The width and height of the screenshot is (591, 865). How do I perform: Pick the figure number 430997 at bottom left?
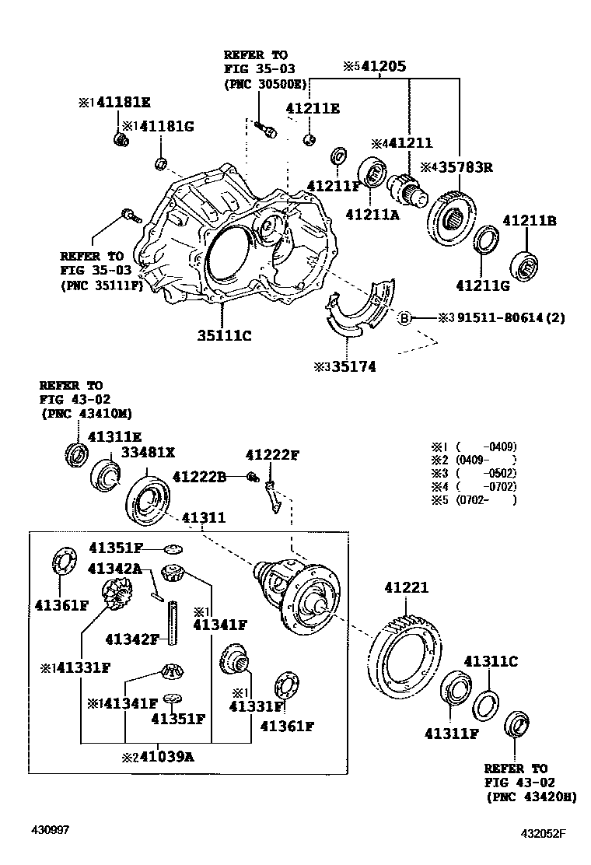coord(50,831)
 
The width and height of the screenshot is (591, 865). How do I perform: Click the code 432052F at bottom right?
coord(544,835)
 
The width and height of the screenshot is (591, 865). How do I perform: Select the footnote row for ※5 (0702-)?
coord(474,499)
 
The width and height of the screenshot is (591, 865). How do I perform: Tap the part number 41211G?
coord(483,285)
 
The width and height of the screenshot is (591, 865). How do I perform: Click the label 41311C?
coord(491,662)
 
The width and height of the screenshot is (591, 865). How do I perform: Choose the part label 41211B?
coord(530,221)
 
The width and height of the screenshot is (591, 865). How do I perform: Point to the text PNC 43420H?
coord(531,797)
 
